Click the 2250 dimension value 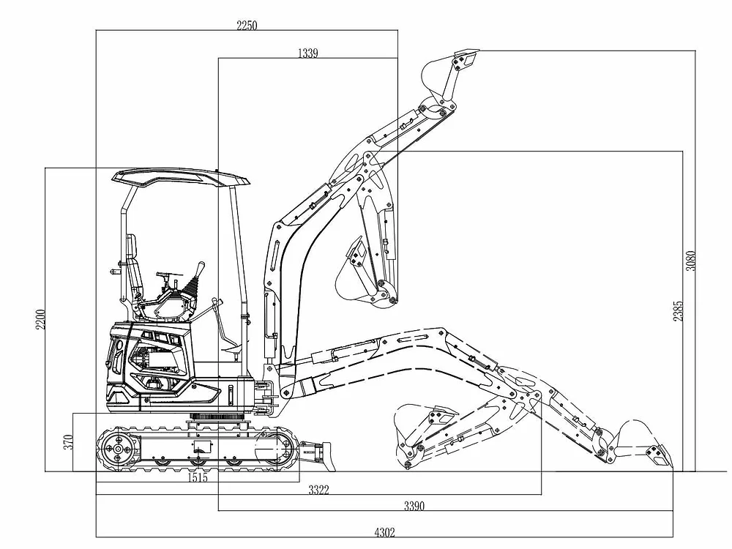click(x=247, y=26)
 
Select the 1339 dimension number click(x=307, y=53)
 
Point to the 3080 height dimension click(x=690, y=261)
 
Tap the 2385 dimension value click(x=678, y=310)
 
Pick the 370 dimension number click(x=68, y=441)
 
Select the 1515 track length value click(x=198, y=477)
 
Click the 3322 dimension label click(x=318, y=490)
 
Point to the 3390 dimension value click(x=414, y=506)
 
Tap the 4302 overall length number click(x=385, y=532)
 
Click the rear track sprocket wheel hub click(x=117, y=449)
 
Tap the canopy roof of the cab click(x=181, y=177)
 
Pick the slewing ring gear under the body click(x=217, y=417)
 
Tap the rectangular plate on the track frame click(x=202, y=447)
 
